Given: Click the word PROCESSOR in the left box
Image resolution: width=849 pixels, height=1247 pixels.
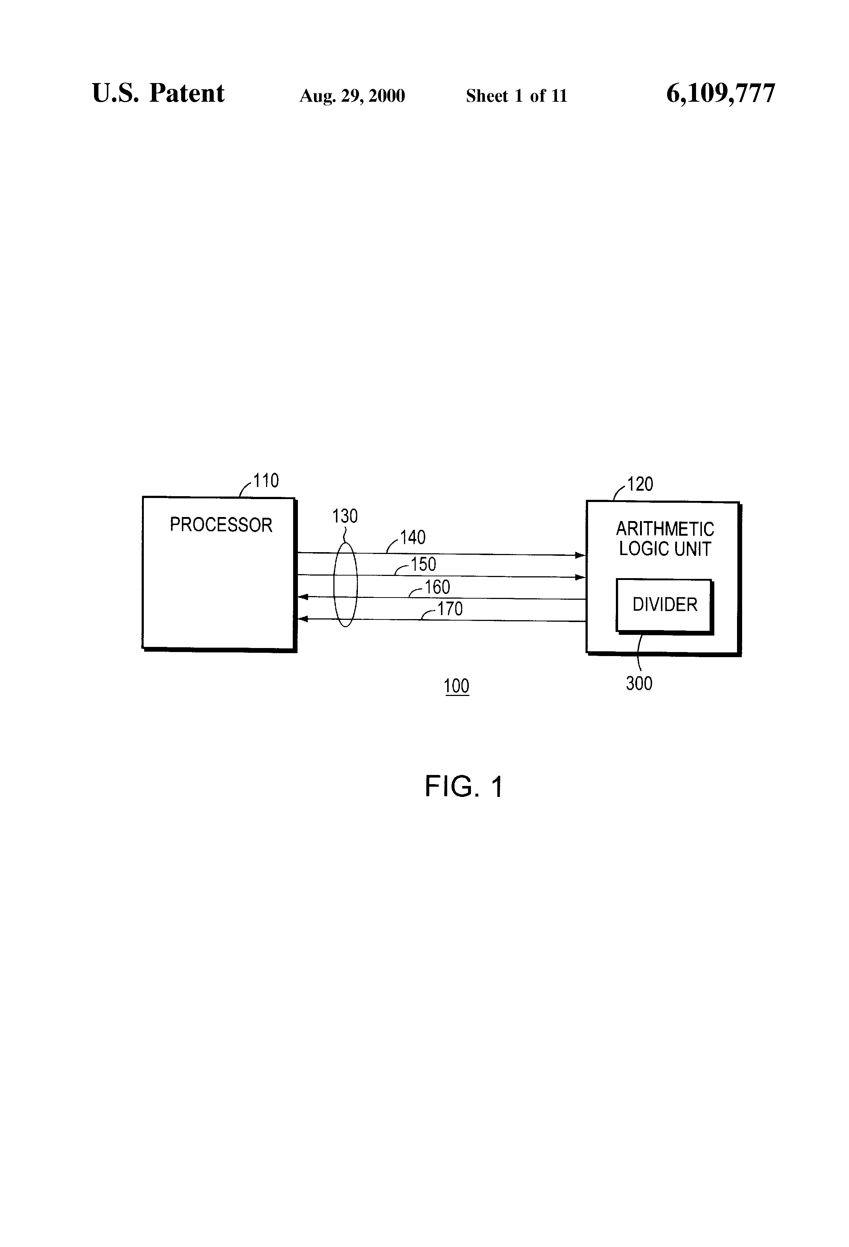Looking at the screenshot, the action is click(221, 524).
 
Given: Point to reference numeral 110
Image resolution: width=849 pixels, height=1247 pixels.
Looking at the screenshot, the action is click(266, 480).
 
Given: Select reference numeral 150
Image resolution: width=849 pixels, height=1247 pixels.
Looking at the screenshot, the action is click(423, 564).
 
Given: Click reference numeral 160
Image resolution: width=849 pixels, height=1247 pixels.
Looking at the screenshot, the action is click(437, 587).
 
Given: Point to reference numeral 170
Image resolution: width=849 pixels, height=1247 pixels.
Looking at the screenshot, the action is click(450, 609).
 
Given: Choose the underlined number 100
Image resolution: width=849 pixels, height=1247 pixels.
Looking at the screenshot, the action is click(457, 686).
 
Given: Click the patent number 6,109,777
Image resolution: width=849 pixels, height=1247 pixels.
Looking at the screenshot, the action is click(721, 94).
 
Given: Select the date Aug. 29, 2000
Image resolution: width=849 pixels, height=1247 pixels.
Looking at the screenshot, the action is click(352, 96).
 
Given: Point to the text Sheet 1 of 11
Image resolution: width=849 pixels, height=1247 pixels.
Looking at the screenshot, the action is click(516, 96).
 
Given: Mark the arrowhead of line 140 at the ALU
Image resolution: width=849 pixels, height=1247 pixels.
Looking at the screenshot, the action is click(581, 555).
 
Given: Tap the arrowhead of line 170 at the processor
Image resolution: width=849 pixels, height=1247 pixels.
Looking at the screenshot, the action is click(302, 619).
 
